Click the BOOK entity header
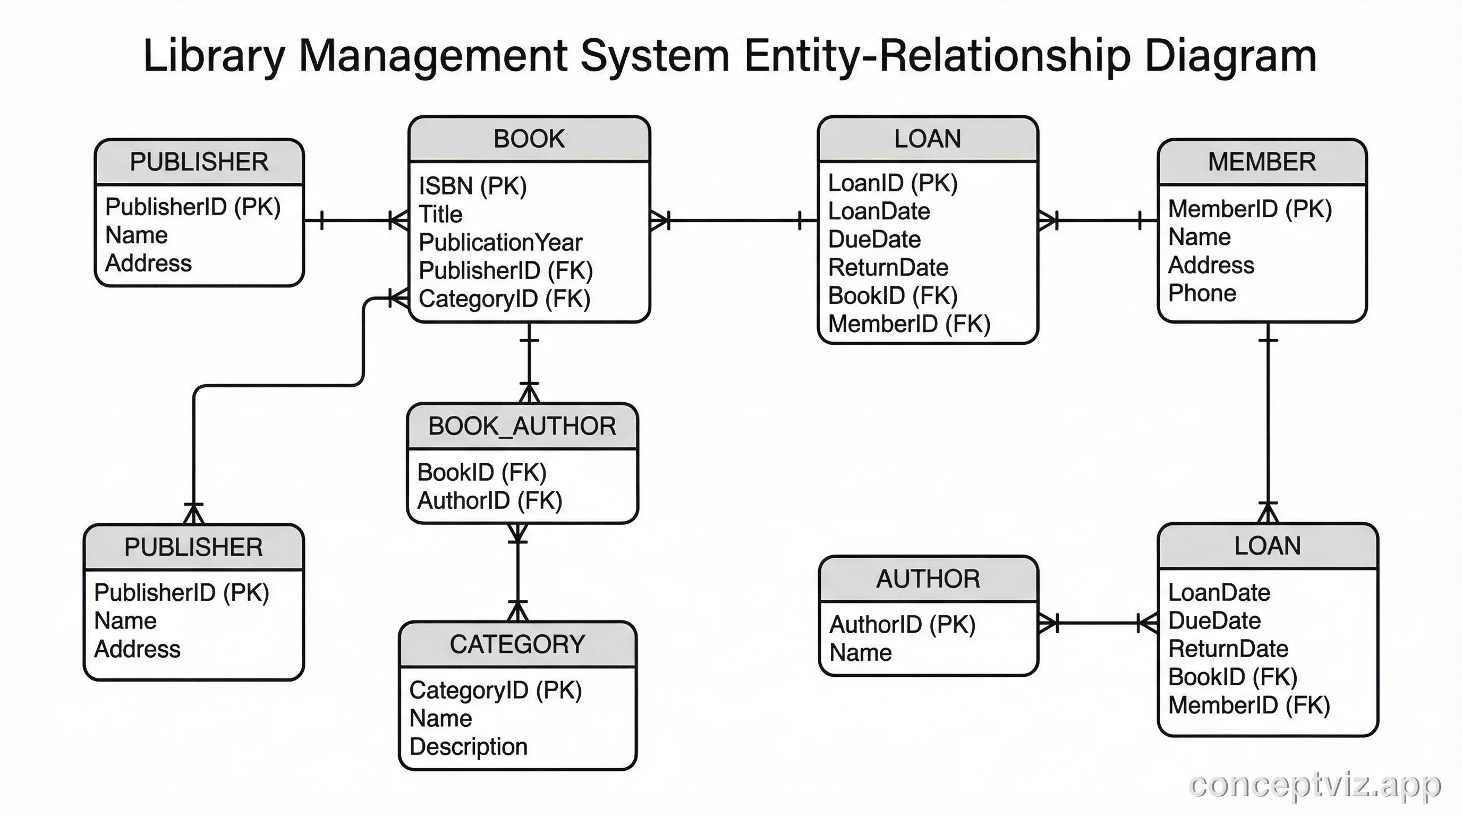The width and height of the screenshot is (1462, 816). (529, 139)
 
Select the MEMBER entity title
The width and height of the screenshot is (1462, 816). (1261, 161)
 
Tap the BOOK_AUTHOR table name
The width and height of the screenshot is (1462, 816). (522, 426)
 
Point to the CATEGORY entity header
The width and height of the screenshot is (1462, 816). (517, 644)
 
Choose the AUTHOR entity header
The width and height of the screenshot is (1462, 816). (928, 579)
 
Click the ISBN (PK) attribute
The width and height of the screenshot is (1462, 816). (473, 186)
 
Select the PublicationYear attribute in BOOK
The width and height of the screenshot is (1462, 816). (500, 242)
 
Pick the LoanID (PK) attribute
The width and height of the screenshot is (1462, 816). (892, 183)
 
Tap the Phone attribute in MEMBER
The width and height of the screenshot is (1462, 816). (1202, 293)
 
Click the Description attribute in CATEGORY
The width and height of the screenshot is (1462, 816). (468, 746)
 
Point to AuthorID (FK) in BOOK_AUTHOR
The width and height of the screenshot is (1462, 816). (489, 500)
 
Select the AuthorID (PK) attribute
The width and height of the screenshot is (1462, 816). (902, 624)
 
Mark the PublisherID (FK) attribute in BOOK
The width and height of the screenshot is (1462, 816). (505, 271)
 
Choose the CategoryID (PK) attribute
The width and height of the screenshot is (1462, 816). (496, 690)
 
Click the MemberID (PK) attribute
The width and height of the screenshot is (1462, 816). (1249, 209)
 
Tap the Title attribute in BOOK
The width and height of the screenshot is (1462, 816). (440, 215)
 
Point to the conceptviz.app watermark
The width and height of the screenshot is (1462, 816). (1314, 785)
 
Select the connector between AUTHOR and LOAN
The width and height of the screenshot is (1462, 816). (1098, 623)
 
